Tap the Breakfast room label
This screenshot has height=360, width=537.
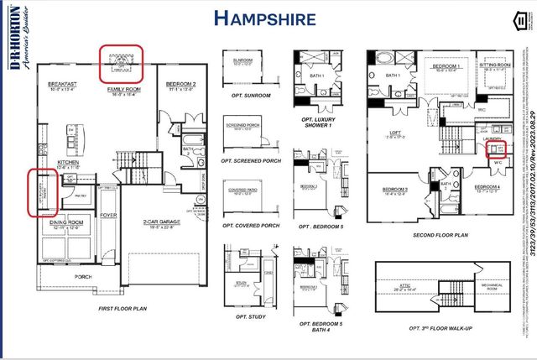[x=62, y=84]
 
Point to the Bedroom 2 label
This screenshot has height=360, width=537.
[x=180, y=85]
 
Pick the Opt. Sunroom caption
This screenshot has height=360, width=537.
[x=242, y=96]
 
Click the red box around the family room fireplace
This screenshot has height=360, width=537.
[x=123, y=63]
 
